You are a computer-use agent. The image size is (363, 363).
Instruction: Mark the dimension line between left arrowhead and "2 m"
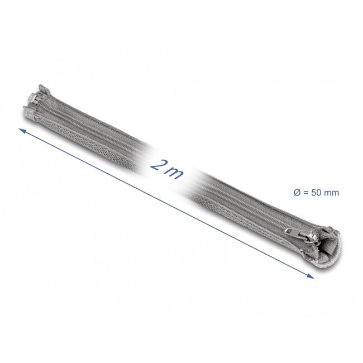click(84, 147)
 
